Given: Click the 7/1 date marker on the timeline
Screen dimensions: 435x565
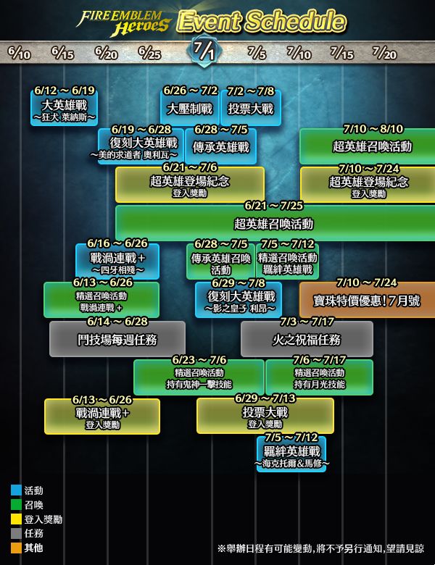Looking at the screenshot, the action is (204, 51).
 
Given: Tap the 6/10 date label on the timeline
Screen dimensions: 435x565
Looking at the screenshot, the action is (19, 53).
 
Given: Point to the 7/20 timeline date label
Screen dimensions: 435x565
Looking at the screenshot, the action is (384, 53).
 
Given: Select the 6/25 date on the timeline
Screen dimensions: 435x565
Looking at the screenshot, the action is (149, 53).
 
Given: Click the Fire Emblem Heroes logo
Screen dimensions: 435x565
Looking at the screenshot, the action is (123, 22).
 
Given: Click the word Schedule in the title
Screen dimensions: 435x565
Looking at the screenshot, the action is (295, 21).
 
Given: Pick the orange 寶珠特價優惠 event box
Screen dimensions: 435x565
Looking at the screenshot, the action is (367, 300).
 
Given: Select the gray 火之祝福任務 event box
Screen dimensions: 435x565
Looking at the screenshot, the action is (307, 339).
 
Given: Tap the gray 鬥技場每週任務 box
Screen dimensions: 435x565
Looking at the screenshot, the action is (117, 339).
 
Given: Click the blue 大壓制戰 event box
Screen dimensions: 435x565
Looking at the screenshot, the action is (190, 108).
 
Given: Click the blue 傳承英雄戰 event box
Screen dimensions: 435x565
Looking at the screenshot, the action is (220, 146).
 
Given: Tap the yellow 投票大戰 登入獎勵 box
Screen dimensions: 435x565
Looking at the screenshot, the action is (265, 416).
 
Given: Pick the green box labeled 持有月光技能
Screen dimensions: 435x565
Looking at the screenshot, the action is (319, 377).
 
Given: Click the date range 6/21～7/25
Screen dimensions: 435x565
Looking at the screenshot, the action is (274, 206).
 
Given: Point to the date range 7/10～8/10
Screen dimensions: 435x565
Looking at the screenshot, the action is (373, 129).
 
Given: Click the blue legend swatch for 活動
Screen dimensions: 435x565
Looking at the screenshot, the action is (16, 490).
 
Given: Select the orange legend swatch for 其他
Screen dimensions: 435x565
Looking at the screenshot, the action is (16, 548).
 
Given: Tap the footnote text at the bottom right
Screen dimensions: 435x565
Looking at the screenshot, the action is (321, 549).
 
